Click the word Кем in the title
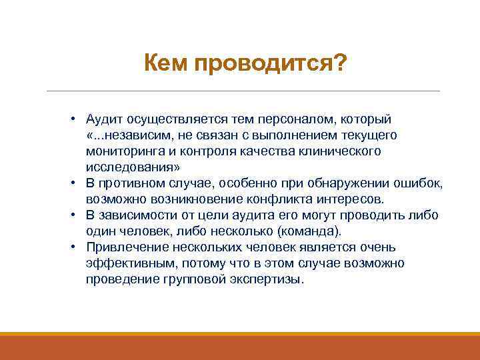click(x=167, y=65)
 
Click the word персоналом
click(x=304, y=119)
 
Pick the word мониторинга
click(x=122, y=151)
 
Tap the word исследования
click(x=129, y=167)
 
